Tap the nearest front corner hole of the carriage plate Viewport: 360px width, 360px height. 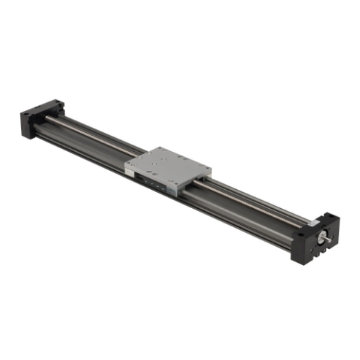coord(175,183)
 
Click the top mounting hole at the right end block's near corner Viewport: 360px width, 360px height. coord(300,236)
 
